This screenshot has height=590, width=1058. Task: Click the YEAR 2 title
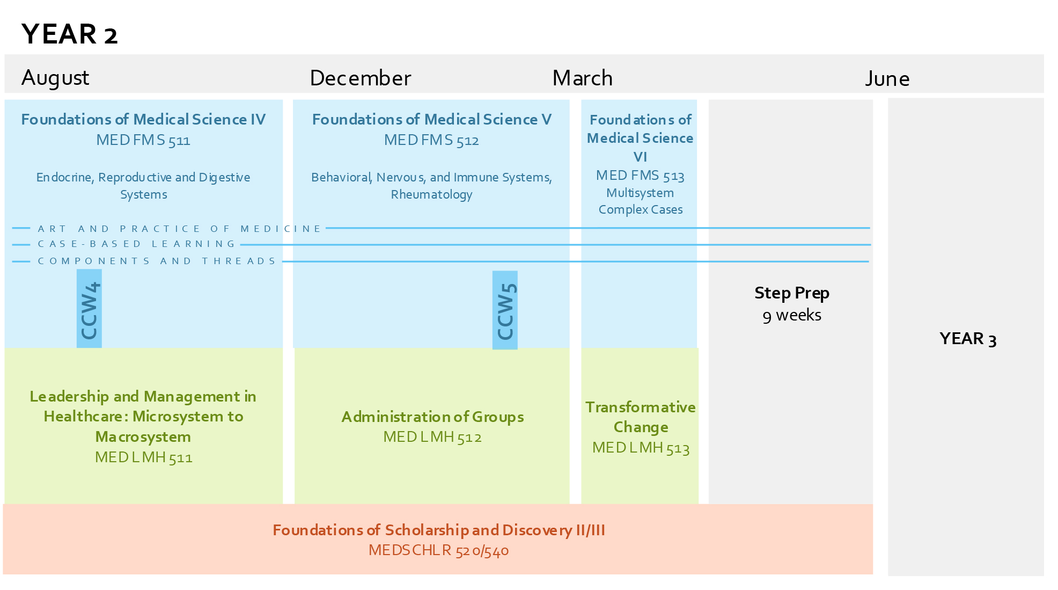(x=69, y=34)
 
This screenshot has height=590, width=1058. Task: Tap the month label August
(x=55, y=78)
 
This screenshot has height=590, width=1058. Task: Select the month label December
(x=360, y=78)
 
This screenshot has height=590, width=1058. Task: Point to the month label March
(x=582, y=78)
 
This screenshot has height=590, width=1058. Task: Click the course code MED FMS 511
(x=143, y=141)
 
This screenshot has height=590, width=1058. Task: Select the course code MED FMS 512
(x=431, y=141)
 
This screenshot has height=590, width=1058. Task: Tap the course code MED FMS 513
(x=640, y=176)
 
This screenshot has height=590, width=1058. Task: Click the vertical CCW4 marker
(x=89, y=310)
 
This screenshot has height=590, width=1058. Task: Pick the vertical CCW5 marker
(x=505, y=311)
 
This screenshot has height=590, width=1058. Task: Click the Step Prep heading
(x=791, y=293)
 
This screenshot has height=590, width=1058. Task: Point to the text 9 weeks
(x=791, y=315)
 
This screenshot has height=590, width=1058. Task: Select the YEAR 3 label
(x=967, y=339)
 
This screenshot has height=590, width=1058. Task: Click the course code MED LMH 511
(x=143, y=457)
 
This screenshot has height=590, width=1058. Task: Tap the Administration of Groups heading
(x=432, y=417)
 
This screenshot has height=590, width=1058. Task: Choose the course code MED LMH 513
(x=641, y=448)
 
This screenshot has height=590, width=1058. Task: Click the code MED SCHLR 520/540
(x=438, y=551)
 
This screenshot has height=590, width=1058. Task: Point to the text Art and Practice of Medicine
(x=179, y=229)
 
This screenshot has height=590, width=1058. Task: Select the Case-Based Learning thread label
(x=136, y=244)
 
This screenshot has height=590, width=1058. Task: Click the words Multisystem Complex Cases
(x=640, y=201)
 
